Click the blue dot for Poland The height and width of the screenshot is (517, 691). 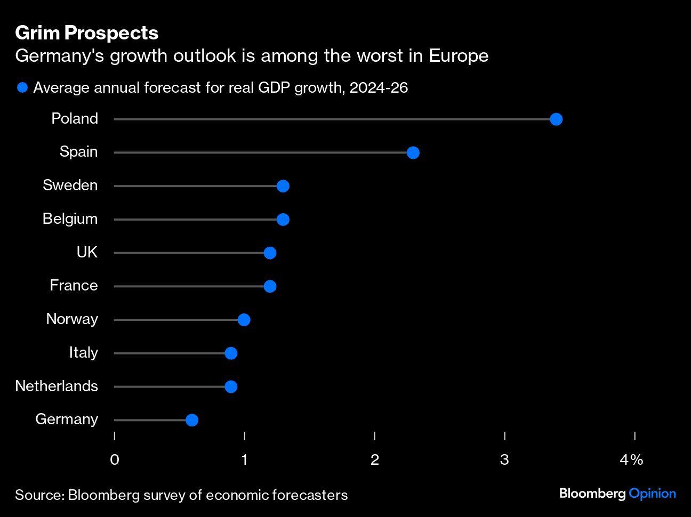(x=556, y=119)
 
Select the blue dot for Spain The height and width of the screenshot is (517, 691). (x=413, y=153)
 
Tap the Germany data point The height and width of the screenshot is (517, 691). (x=192, y=420)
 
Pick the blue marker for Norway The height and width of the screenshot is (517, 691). (x=244, y=320)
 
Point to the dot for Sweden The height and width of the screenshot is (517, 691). (x=283, y=186)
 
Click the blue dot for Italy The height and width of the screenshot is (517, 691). (x=231, y=353)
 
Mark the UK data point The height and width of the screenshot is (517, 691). (x=270, y=253)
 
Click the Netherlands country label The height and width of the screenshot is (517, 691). (x=57, y=386)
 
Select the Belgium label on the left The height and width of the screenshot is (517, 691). (x=70, y=219)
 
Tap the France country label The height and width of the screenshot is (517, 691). (x=74, y=286)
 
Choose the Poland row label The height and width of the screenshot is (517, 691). (x=75, y=118)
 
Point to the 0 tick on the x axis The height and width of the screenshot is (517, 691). (x=115, y=459)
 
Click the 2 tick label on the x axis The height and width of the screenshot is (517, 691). (x=375, y=459)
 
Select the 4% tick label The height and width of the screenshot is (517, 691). (x=632, y=459)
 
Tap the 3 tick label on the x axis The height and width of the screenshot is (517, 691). (x=504, y=459)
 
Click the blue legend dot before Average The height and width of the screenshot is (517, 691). (x=22, y=87)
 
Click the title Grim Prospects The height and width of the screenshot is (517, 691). (x=87, y=33)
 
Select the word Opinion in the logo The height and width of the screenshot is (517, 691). (x=652, y=494)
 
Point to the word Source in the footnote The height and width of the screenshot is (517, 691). (x=38, y=495)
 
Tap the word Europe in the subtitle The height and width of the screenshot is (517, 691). (x=459, y=56)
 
